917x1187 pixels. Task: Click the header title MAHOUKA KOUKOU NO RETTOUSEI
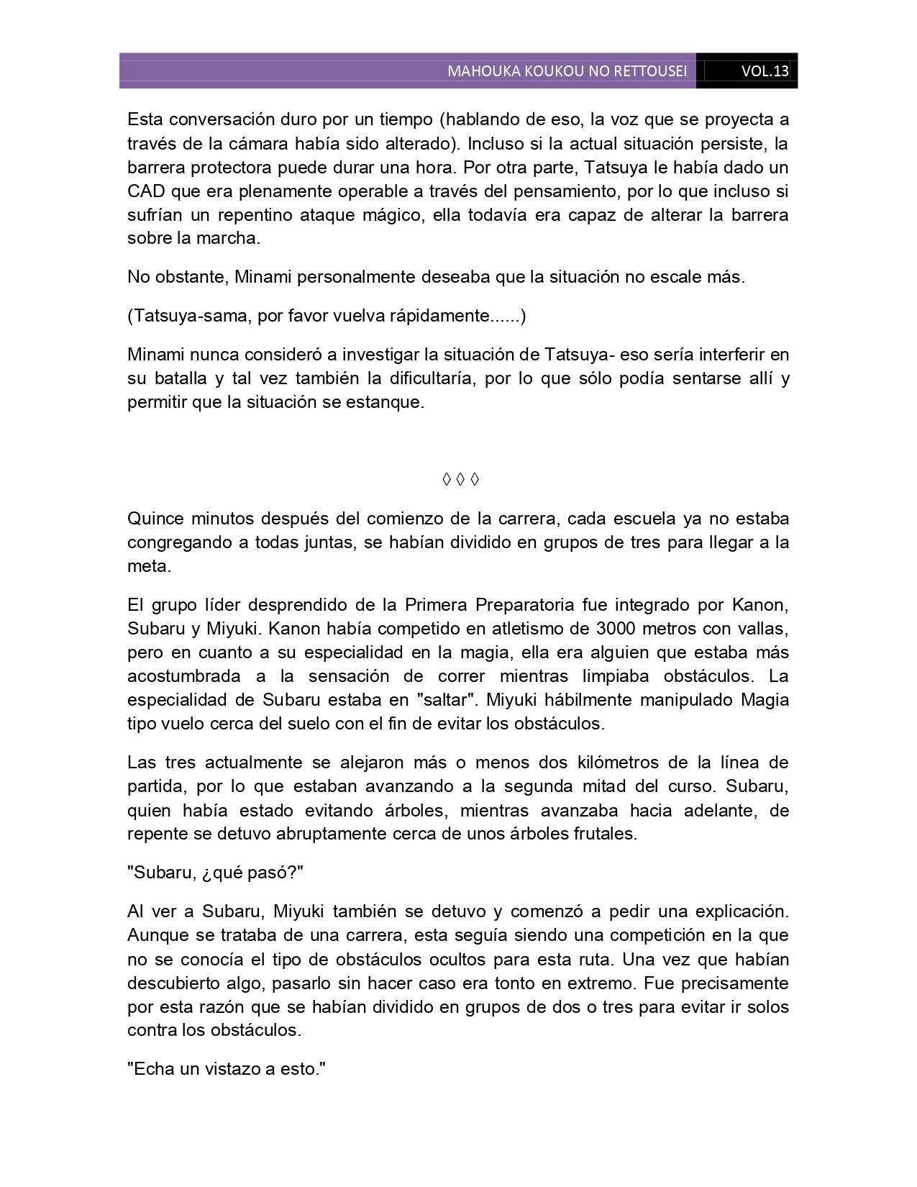567,71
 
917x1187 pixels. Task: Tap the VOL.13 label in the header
765,71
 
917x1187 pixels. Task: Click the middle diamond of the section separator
460,479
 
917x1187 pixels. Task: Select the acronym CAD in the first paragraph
146,191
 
